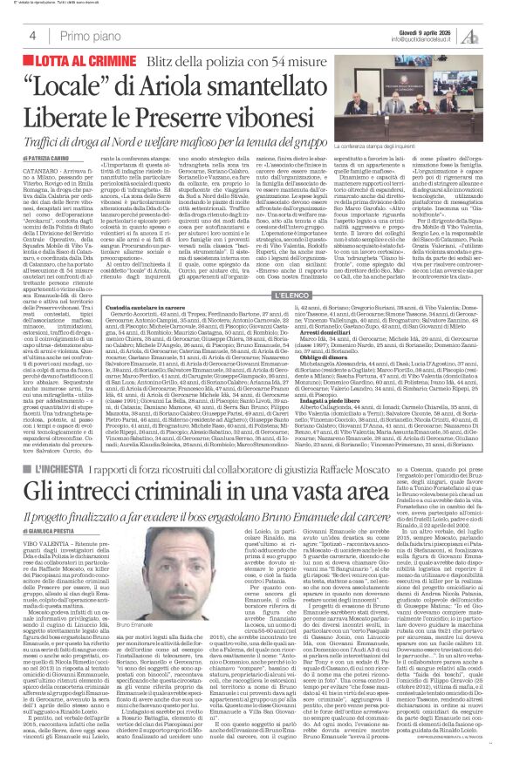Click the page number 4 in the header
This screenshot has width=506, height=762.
pyautogui.click(x=31, y=36)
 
